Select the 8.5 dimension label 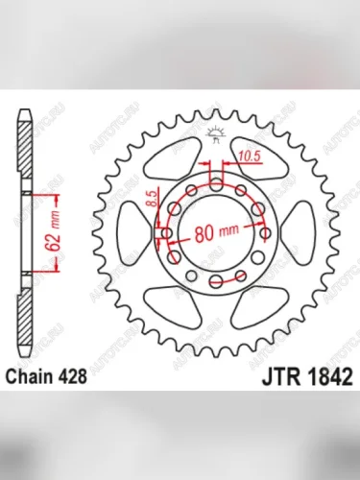152,201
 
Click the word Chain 36,377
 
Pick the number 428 78,377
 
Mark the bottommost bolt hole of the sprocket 217,280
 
